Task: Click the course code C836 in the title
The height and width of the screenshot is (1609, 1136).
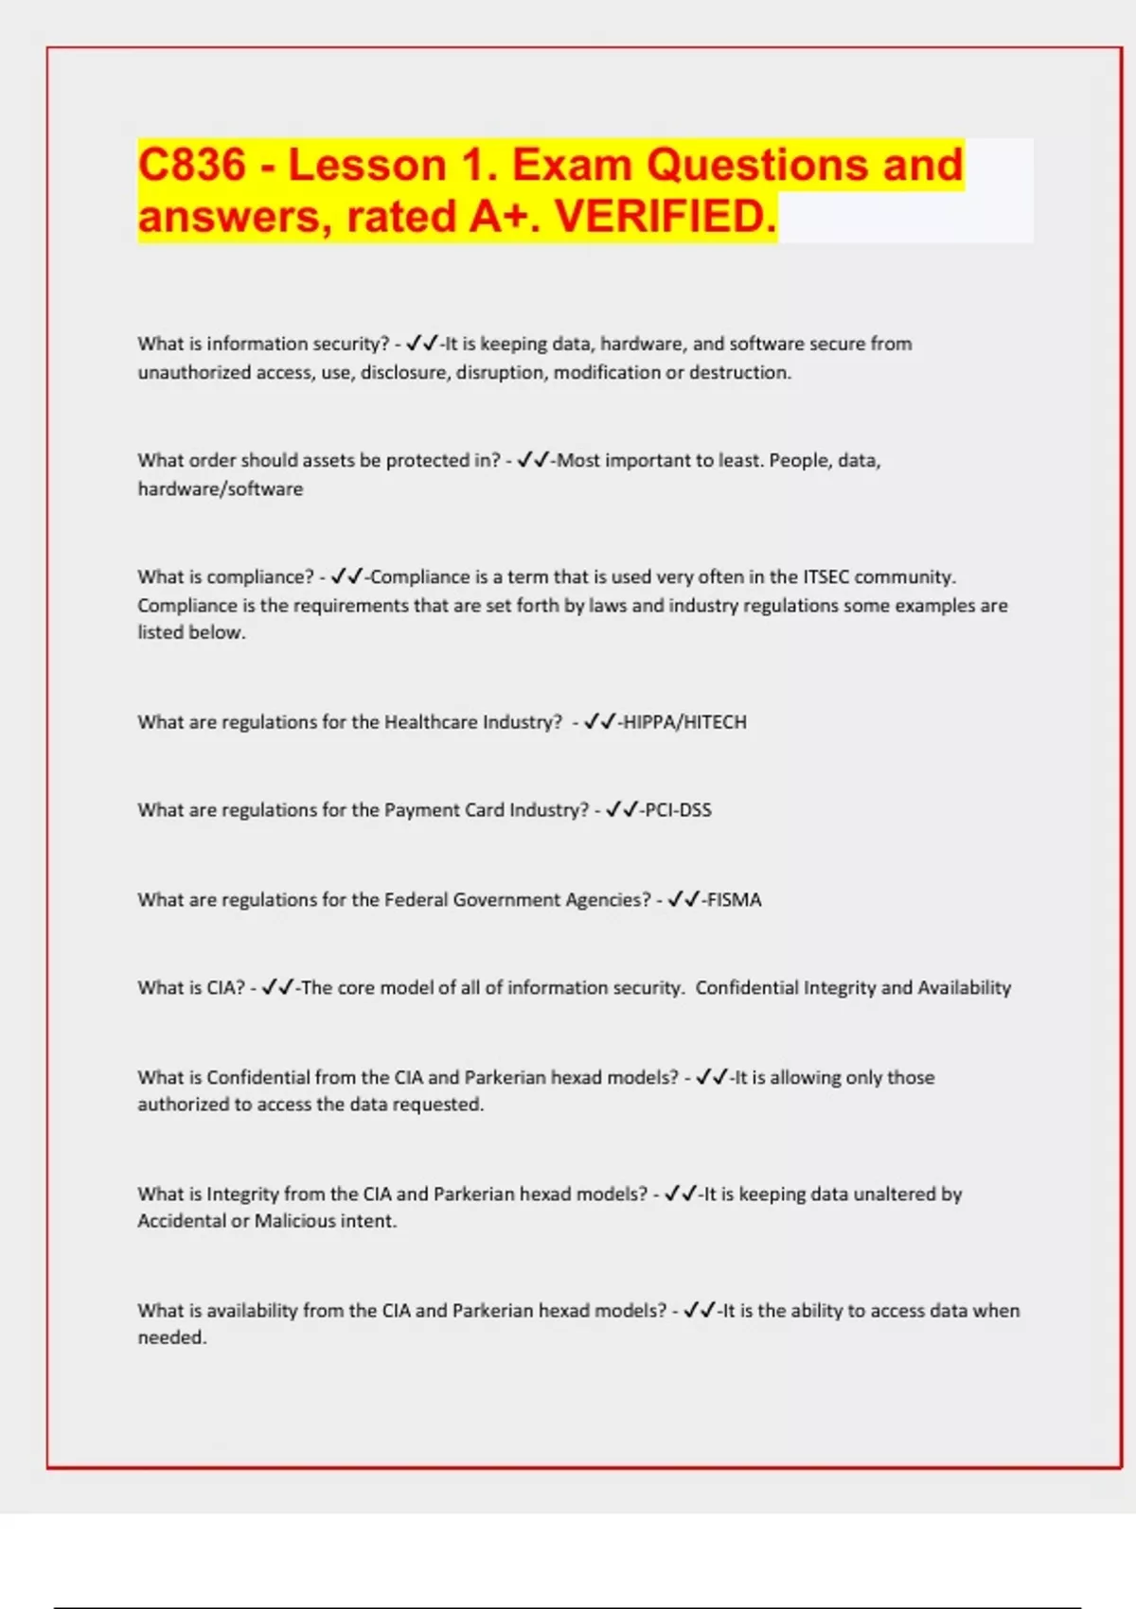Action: tap(192, 165)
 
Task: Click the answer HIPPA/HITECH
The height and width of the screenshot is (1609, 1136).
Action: tap(684, 722)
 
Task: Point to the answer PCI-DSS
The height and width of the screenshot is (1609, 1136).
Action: tap(678, 810)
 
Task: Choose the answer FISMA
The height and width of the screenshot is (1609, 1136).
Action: tap(735, 900)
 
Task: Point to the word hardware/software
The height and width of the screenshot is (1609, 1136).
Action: tap(221, 489)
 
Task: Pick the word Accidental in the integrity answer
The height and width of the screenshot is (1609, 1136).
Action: tap(182, 1221)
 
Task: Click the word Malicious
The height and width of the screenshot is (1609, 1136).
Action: tap(295, 1221)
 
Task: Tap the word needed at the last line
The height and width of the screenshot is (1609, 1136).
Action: tap(170, 1337)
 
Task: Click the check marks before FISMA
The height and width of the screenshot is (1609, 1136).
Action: tap(683, 900)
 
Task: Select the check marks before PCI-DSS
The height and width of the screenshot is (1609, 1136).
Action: tap(621, 810)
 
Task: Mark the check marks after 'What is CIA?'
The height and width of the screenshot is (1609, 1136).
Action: tap(277, 988)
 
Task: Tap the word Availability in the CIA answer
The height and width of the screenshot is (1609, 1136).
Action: tap(965, 988)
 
